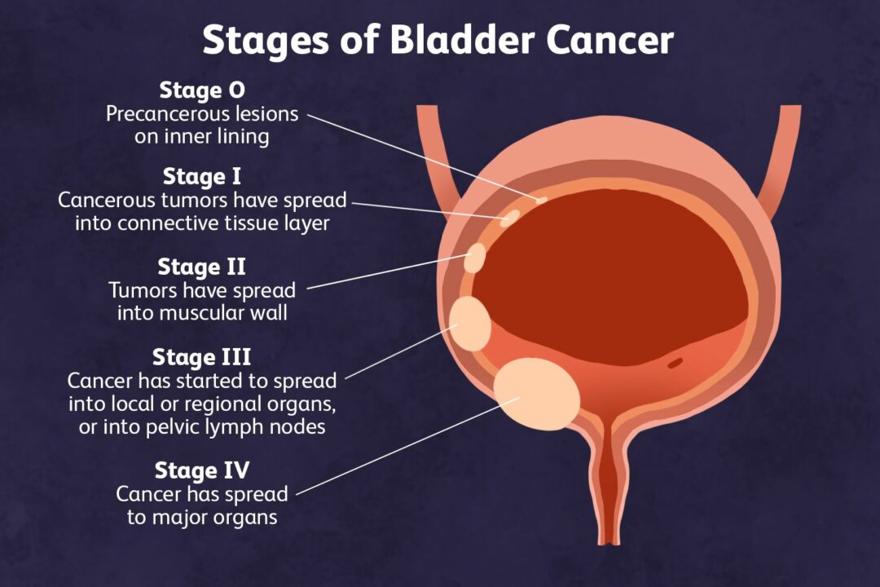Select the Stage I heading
tap(202, 176)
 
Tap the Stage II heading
tap(201, 267)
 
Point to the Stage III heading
tap(201, 357)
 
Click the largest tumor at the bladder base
tap(536, 395)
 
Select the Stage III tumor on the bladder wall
tap(470, 324)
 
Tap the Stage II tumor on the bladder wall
tap(474, 258)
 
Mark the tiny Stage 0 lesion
tap(541, 200)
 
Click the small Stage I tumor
tap(512, 217)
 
